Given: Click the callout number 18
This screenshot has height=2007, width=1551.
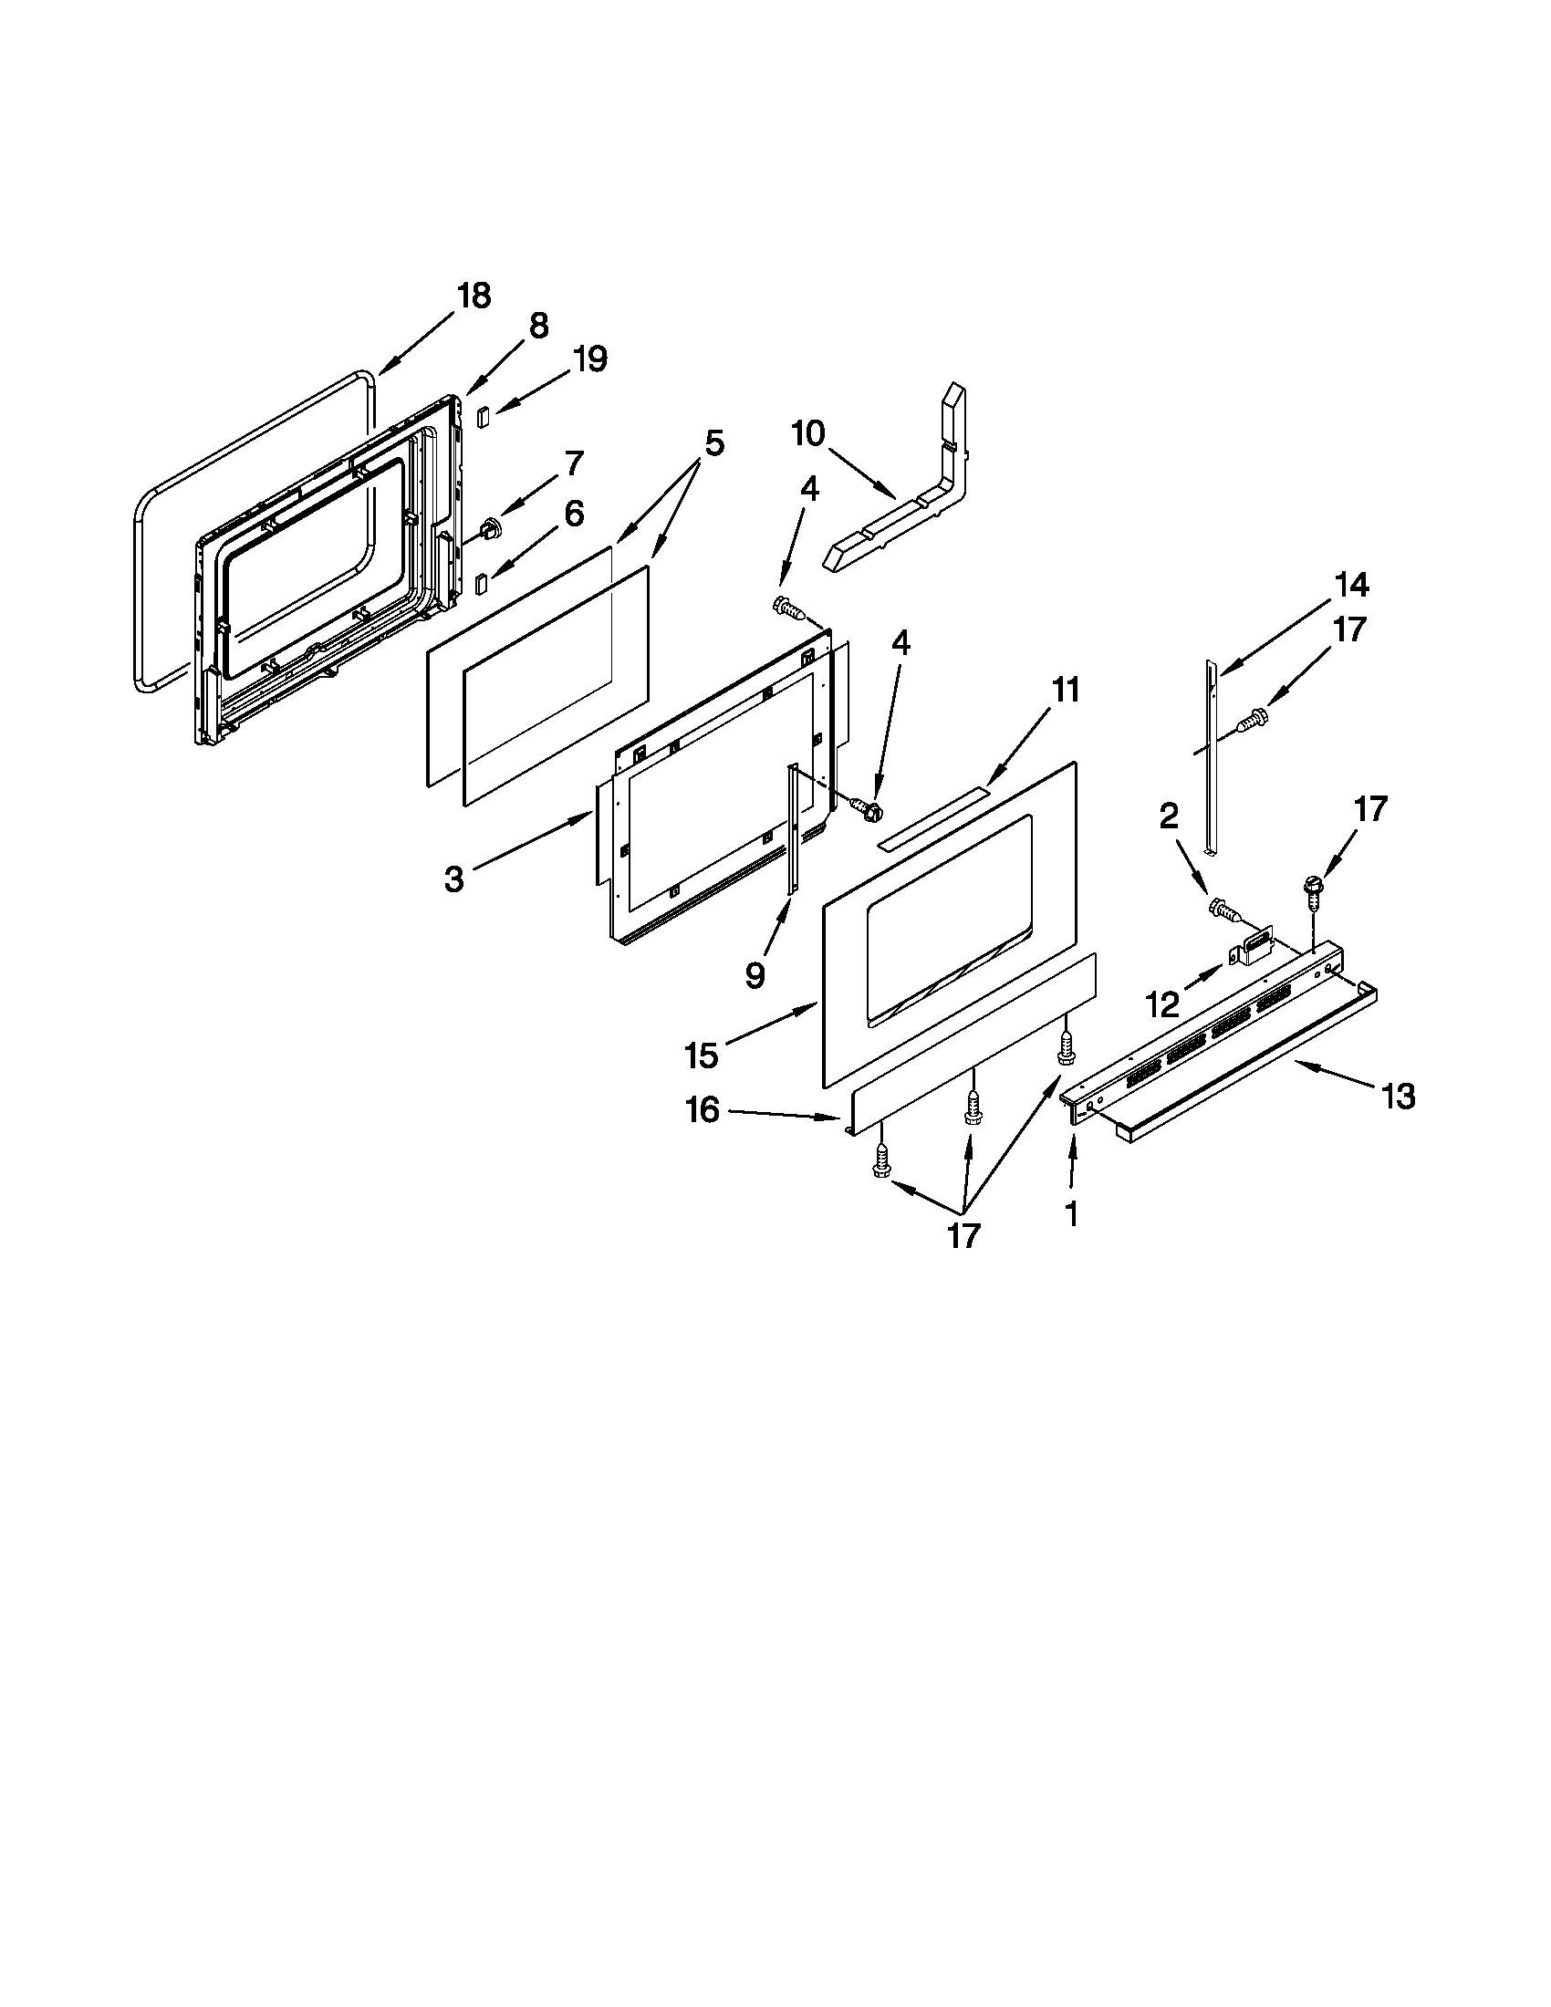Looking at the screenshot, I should click(x=474, y=296).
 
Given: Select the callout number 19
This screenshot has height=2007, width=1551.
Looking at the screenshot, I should click(x=590, y=359).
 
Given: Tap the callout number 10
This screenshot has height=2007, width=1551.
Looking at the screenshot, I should click(x=808, y=432).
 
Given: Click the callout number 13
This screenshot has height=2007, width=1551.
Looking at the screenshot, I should click(x=1399, y=1097).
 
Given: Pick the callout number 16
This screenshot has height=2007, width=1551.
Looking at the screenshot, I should click(x=703, y=1110).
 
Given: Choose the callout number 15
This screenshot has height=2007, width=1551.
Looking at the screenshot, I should click(x=701, y=1055).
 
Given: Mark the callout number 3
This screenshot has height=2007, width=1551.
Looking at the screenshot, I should click(x=454, y=879).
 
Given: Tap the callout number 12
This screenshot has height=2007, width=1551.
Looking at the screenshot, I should click(x=1162, y=1004).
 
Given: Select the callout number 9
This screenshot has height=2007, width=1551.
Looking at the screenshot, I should click(x=755, y=975).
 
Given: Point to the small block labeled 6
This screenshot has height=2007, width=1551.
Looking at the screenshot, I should click(x=480, y=583).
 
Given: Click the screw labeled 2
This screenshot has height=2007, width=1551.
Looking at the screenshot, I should click(x=1223, y=909).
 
